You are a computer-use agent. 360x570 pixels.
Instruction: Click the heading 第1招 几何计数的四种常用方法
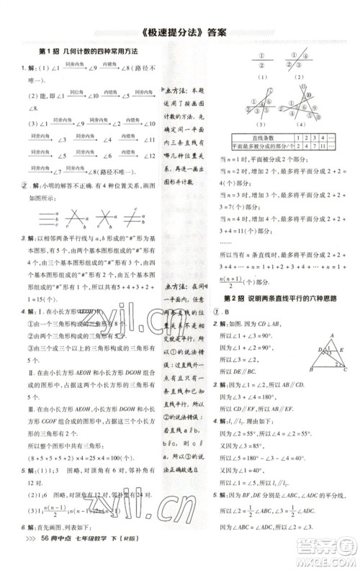click(86, 53)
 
